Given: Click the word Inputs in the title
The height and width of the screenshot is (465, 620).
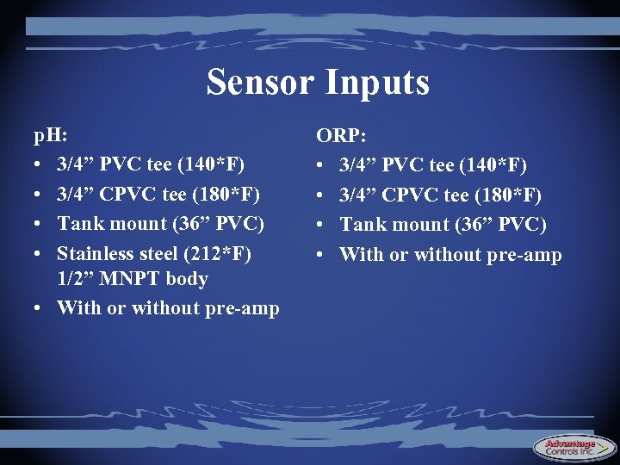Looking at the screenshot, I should point(378,83).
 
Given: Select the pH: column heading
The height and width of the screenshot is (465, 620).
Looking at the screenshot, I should point(51,136).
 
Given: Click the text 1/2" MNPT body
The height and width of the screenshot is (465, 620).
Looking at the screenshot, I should point(133,279).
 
